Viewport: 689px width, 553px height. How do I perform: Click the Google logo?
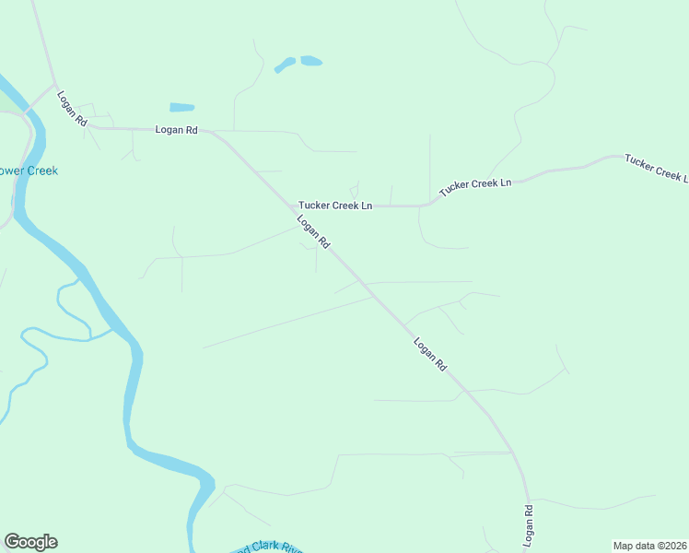pos(30,542)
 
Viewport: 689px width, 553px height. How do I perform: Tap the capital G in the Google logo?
pos(12,542)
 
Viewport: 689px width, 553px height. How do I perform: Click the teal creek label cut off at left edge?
pos(29,171)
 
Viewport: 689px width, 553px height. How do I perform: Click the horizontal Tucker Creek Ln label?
pos(334,206)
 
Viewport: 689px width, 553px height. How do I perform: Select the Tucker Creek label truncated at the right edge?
pos(656,168)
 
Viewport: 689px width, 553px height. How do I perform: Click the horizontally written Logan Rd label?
pos(176,130)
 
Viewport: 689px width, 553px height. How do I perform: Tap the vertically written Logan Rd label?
pos(530,523)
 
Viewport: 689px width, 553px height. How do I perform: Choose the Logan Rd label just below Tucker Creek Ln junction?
pos(313,231)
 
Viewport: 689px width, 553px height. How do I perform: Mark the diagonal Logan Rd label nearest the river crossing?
pos(71,108)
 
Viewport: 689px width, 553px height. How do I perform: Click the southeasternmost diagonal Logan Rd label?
pos(430,354)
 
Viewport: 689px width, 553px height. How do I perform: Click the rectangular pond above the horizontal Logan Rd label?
pos(182,107)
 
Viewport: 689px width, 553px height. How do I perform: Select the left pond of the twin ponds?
pos(285,65)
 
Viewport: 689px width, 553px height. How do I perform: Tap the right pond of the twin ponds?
pos(311,61)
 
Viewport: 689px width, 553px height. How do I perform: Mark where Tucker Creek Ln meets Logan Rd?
pos(287,206)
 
